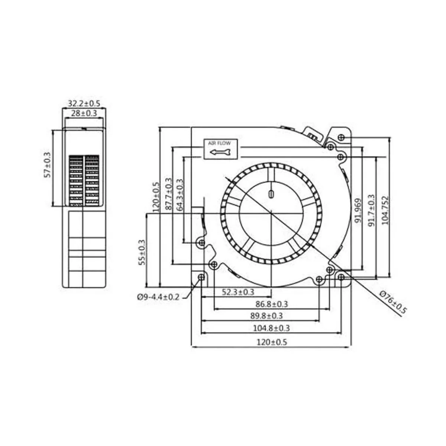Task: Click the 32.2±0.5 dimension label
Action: (84, 103)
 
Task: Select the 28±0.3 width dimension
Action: (84, 113)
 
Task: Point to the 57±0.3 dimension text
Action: (48, 165)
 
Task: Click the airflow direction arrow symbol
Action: (220, 152)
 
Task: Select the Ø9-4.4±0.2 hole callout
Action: (158, 297)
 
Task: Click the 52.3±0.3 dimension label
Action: (238, 293)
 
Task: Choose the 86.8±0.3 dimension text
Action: (271, 304)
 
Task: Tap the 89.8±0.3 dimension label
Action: (266, 316)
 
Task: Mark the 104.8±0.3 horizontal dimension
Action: (271, 328)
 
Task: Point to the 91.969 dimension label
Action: (359, 211)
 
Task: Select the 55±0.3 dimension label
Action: (142, 252)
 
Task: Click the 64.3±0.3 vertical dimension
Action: (180, 195)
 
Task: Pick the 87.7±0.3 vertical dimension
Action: (169, 194)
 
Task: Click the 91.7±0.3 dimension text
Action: (372, 211)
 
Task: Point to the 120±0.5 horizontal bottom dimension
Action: (271, 342)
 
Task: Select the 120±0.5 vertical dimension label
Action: (156, 197)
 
